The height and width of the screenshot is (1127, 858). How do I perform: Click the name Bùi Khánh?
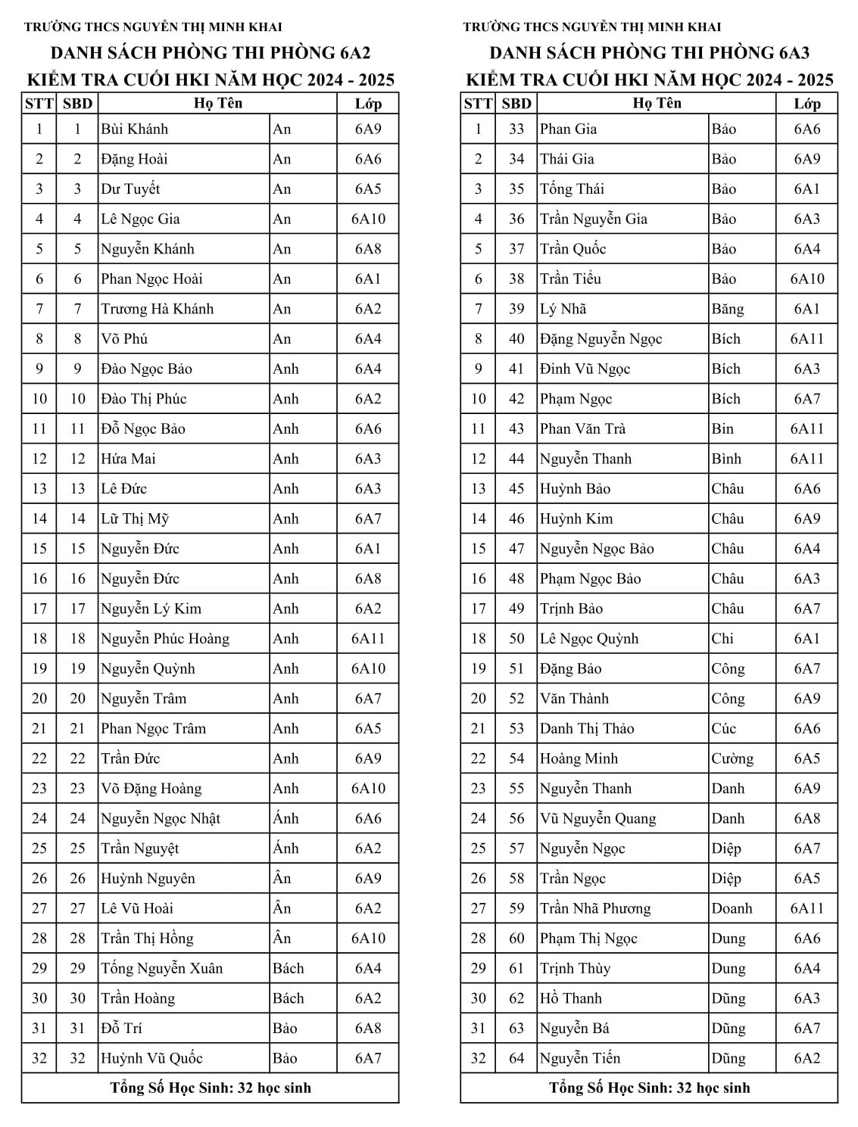point(135,129)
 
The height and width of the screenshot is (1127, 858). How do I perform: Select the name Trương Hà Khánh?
point(158,309)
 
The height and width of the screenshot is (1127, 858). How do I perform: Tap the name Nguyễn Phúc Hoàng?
point(165,639)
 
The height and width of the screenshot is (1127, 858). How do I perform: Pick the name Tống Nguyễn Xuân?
point(162,968)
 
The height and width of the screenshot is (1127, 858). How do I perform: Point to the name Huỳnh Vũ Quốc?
point(151,1058)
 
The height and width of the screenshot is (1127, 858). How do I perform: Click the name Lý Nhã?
point(563,309)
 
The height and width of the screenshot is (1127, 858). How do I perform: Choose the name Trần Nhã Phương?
point(595,908)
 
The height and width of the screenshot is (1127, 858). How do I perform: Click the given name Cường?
point(732,758)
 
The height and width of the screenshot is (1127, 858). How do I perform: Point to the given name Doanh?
point(732,908)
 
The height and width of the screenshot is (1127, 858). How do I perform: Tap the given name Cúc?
point(723,728)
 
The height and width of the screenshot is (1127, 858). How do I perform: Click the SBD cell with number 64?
point(516,1058)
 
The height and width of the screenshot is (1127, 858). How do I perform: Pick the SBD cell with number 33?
point(516,129)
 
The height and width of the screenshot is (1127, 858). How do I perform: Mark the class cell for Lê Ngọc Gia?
point(368,219)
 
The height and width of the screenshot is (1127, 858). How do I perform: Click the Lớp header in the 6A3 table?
point(807,104)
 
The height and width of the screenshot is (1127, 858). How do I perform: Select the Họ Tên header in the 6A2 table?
point(218,103)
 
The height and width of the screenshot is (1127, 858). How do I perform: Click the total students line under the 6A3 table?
point(649,1088)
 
